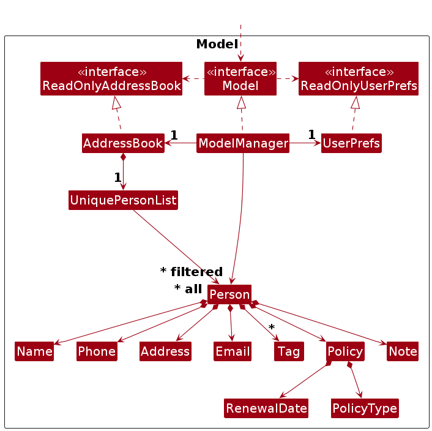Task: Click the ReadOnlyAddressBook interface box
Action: coord(111,78)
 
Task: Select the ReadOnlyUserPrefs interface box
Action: coord(359,78)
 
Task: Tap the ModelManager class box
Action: coord(243,143)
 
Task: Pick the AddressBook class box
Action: coord(123,143)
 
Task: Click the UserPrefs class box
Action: coord(351,143)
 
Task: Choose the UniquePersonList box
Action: coord(123,200)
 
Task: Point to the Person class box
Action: coord(229,294)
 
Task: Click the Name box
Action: coord(34,351)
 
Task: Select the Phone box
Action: coord(97,351)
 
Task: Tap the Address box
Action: coord(165,351)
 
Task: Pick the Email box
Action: coord(233,351)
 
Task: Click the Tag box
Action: coord(289,351)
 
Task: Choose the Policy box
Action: coord(345,351)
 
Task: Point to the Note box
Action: coord(403,351)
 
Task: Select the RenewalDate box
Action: coord(266,408)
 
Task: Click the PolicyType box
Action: coord(365,408)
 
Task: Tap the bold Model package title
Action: coord(217,44)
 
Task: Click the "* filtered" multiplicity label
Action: coord(192,272)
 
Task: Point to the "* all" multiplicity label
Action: coord(188,289)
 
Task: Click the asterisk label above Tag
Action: coord(272,327)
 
